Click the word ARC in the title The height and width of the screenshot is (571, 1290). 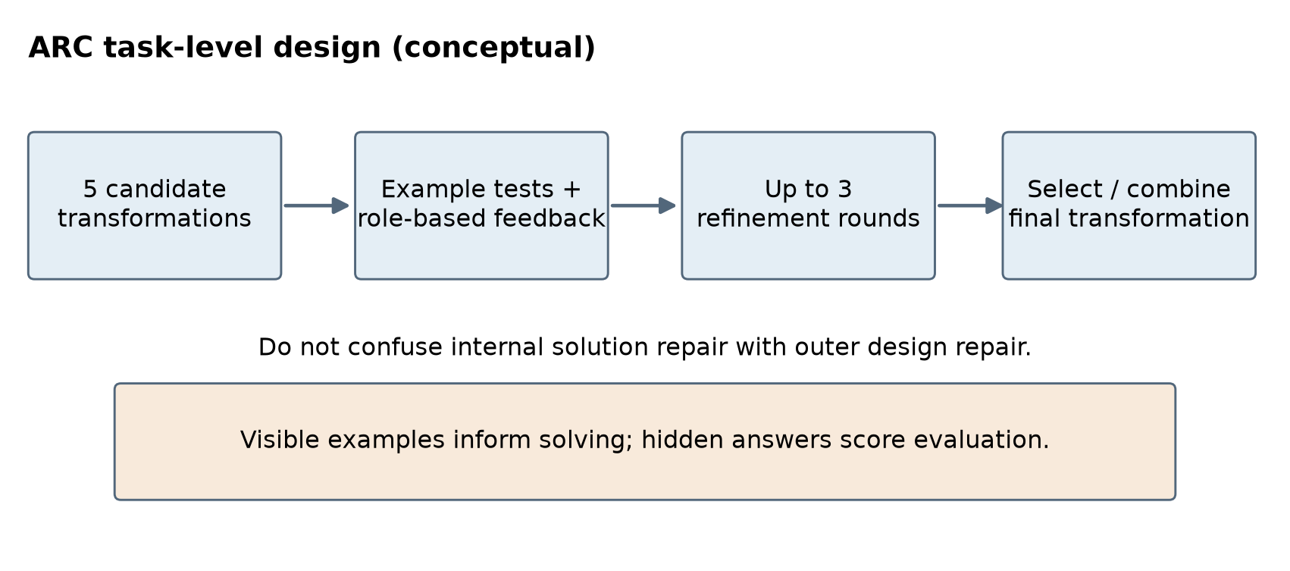[61, 47]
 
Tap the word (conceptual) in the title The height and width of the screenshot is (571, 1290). [493, 48]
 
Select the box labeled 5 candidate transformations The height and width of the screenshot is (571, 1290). [155, 205]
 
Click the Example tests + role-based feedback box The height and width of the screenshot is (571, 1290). [481, 205]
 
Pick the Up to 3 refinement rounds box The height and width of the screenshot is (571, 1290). [808, 205]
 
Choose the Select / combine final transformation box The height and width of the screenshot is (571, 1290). [1129, 205]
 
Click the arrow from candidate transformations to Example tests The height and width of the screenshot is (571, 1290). [317, 205]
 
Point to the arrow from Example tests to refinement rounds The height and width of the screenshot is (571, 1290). [643, 205]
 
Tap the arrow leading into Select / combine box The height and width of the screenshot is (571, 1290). [970, 205]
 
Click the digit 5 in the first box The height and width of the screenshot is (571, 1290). [90, 190]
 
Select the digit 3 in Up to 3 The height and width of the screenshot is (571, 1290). [845, 190]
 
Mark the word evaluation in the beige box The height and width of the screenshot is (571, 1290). [981, 441]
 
